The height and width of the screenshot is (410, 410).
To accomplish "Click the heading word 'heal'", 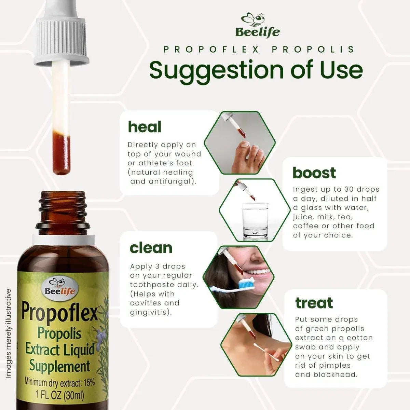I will pos(144,127).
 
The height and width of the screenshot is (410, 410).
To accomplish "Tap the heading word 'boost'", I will pos(314,173).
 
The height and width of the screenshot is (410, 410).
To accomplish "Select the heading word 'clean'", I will pos(151,248).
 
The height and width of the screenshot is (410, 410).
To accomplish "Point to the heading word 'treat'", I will pos(314,303).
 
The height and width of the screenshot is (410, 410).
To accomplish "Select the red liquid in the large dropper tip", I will pos(62,154).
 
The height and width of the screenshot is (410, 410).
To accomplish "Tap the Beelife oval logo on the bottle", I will pos(60,287).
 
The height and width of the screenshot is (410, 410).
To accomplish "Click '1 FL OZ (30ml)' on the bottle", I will pos(60,395).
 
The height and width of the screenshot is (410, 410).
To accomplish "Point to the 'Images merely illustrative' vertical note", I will pos(9,333).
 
